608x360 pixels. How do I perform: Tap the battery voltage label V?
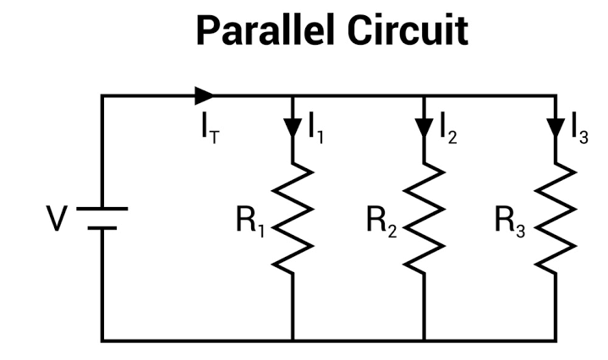point(58,219)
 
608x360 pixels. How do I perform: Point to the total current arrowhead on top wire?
point(205,95)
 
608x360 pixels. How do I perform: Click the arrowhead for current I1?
point(293,128)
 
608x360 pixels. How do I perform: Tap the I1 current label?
point(315,128)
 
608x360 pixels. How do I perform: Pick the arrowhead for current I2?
point(424,128)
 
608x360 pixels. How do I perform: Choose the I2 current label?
point(446,128)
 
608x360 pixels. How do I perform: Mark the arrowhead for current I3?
point(555,128)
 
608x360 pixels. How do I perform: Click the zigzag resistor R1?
point(293,218)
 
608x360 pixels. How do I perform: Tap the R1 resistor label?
point(251,221)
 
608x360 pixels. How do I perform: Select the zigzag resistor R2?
point(424,218)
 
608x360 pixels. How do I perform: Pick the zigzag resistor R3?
point(555,218)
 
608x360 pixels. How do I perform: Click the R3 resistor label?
point(512,221)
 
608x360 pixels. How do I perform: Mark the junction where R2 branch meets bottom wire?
point(424,341)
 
